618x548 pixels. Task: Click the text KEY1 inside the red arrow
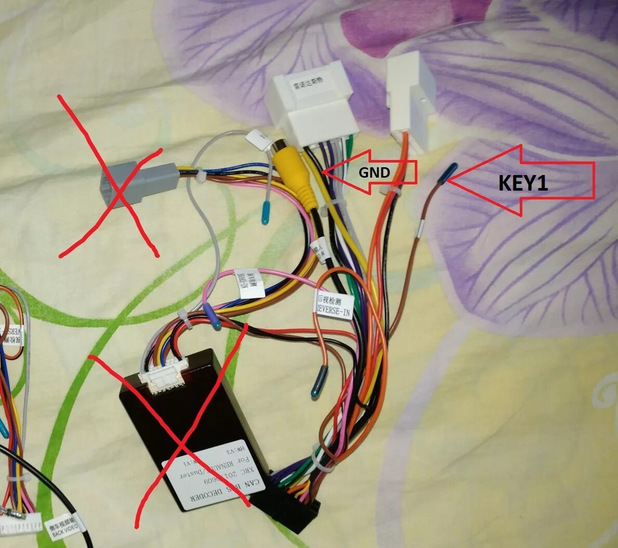[x=523, y=183]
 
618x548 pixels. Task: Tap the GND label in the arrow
[x=374, y=172]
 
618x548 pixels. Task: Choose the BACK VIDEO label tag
[x=64, y=526]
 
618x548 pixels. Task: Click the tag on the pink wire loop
[x=250, y=283]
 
